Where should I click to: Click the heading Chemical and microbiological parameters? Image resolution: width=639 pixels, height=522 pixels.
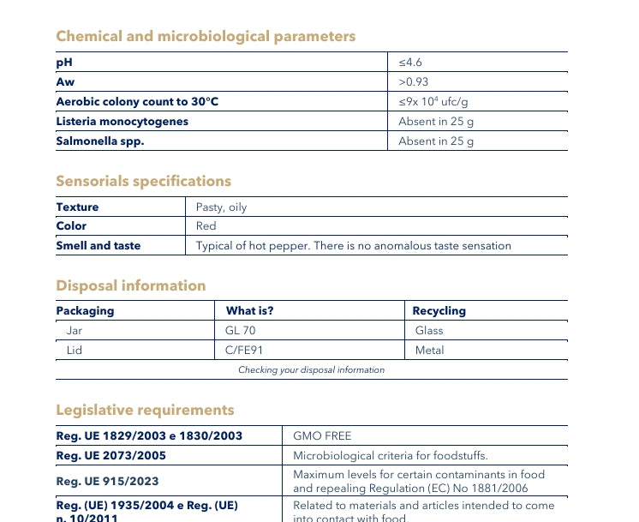(x=206, y=36)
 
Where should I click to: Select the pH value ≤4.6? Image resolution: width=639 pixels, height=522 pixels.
(x=411, y=63)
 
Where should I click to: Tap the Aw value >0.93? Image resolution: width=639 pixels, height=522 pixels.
(x=414, y=82)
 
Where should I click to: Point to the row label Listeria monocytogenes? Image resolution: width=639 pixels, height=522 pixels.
(x=122, y=122)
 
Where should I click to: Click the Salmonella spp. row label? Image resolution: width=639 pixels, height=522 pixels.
(x=99, y=141)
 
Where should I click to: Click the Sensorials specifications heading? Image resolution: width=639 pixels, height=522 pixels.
(x=143, y=181)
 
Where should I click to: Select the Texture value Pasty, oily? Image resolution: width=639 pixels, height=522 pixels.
(x=221, y=207)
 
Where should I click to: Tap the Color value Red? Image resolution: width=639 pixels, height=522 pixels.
(x=206, y=226)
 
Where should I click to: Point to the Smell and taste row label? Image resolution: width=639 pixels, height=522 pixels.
(x=99, y=246)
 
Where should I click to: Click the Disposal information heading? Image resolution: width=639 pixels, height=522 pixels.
(x=131, y=285)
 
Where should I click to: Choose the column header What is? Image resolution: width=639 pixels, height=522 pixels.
(x=250, y=311)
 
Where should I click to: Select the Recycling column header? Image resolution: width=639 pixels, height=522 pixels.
(x=439, y=311)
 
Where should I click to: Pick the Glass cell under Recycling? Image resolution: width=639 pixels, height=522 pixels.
(x=429, y=331)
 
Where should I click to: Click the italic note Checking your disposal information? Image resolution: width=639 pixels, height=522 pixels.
(x=311, y=370)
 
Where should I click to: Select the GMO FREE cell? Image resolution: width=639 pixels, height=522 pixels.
(x=322, y=436)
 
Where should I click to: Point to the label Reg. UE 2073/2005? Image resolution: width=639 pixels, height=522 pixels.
(x=111, y=456)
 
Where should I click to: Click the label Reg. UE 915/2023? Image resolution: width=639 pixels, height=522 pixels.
(x=107, y=482)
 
